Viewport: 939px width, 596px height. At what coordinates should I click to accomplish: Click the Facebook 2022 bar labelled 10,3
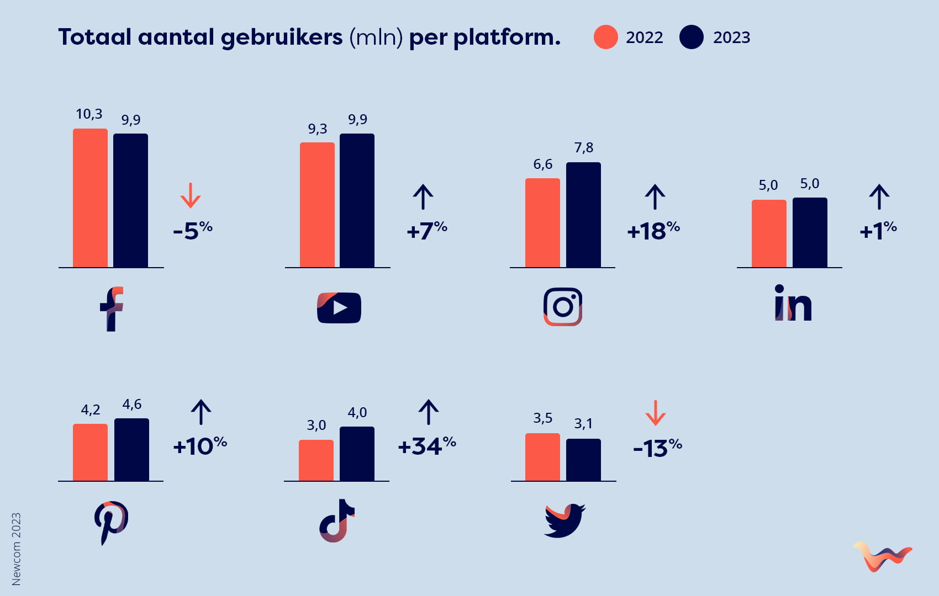tap(90, 198)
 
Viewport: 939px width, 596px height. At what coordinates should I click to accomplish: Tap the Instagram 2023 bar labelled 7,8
tap(583, 215)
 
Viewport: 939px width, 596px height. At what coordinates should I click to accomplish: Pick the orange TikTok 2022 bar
tap(316, 460)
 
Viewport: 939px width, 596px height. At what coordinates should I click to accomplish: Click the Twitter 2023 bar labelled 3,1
tap(583, 460)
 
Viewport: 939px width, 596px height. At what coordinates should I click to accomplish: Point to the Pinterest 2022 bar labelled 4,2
tap(90, 453)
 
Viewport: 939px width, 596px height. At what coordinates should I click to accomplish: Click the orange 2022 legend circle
tap(605, 38)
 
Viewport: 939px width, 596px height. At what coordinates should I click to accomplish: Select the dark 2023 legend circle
tap(692, 38)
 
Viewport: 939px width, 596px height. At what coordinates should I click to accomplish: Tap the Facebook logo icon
tap(112, 308)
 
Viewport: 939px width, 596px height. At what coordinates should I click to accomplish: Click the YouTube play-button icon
tap(339, 307)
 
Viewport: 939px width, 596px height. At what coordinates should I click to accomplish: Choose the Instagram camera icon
tap(563, 307)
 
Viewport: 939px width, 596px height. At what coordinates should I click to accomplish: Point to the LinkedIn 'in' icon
tap(793, 303)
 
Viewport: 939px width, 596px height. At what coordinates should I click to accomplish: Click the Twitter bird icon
tap(564, 520)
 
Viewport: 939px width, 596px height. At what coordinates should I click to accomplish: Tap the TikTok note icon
tap(336, 521)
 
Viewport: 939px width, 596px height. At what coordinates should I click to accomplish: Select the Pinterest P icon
tap(110, 522)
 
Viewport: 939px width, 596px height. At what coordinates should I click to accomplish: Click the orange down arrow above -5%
tap(191, 195)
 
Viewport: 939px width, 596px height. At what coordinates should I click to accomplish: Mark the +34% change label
tap(427, 446)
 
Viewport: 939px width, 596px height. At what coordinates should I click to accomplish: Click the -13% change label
tap(657, 448)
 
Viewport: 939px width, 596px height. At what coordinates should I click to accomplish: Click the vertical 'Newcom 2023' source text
tap(16, 549)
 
